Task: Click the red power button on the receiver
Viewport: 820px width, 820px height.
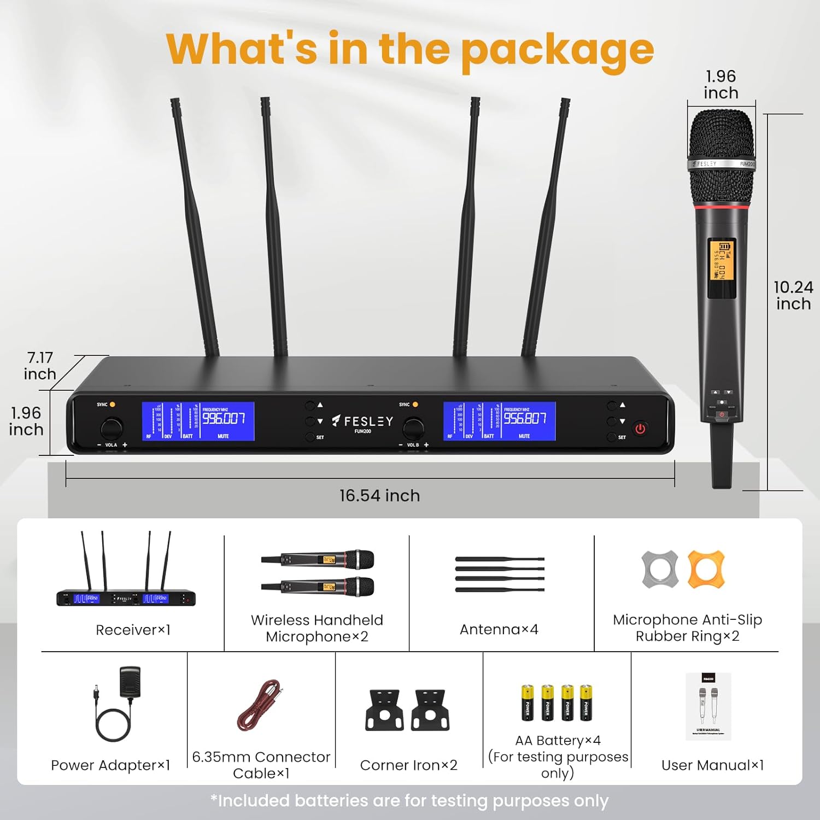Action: [x=640, y=429]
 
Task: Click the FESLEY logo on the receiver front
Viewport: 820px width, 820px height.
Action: [x=363, y=421]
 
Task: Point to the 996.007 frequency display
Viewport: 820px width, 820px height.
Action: [x=224, y=419]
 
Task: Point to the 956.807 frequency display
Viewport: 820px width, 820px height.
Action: [x=525, y=419]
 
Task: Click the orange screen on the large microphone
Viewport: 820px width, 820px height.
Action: [x=721, y=260]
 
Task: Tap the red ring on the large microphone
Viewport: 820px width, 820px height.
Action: [x=721, y=207]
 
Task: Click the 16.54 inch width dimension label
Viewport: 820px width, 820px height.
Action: [x=379, y=495]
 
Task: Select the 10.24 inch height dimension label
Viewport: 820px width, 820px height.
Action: [x=793, y=295]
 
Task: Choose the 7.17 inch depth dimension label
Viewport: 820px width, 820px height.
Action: [x=40, y=366]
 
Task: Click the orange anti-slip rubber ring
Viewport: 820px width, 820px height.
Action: [x=706, y=569]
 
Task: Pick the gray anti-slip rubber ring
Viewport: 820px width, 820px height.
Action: [x=660, y=569]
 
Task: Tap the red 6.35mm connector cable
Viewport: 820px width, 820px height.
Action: [x=260, y=705]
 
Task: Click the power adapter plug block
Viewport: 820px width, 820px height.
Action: [x=130, y=681]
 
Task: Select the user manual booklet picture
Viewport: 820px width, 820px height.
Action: [x=708, y=706]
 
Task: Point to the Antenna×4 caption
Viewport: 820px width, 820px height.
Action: [x=499, y=630]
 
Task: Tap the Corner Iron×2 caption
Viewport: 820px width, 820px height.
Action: [x=408, y=765]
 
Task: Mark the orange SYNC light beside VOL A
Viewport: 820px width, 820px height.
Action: [x=113, y=405]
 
